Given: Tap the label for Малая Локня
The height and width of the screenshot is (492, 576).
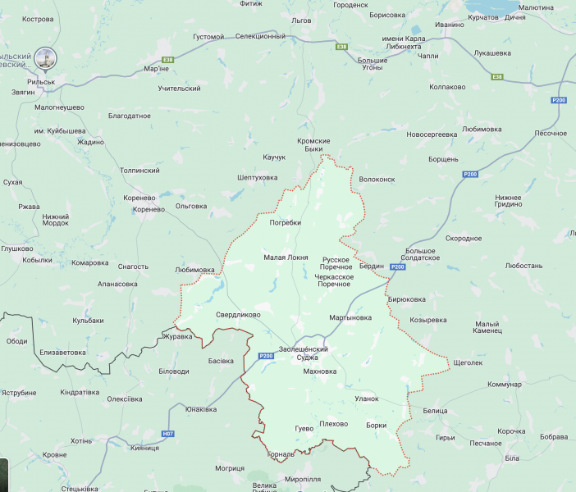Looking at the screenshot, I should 286,257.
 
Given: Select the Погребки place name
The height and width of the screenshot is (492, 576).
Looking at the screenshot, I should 285,222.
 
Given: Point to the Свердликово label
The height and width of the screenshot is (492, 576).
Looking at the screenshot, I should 238,314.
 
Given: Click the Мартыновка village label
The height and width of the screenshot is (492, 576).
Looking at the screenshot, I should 350,317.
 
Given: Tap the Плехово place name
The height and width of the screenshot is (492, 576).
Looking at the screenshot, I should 333,424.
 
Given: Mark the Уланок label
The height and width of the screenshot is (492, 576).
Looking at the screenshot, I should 366,399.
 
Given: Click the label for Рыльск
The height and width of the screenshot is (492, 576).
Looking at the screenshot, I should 40,82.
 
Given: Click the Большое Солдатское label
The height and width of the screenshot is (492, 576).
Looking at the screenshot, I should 423,253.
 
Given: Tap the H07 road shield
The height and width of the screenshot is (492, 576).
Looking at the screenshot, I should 168,433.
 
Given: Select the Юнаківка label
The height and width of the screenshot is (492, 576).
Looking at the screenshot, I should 201,409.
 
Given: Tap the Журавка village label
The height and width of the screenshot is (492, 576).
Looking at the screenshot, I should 177,336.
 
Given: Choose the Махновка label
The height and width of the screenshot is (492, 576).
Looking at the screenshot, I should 320,371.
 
